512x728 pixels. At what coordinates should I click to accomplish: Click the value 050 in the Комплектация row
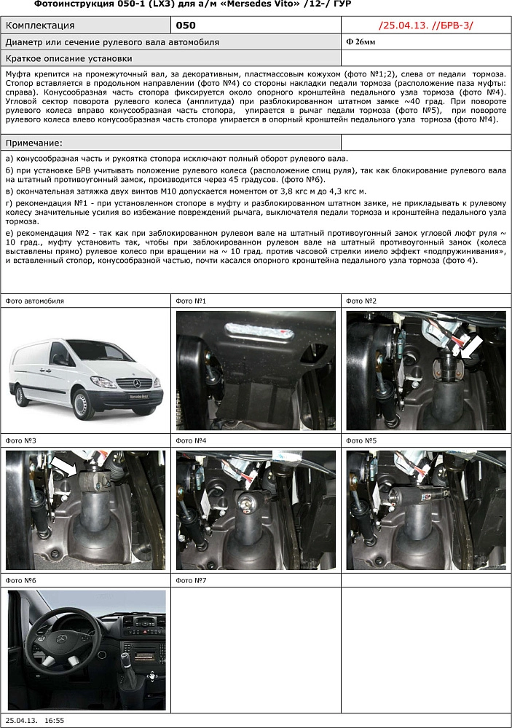[x=186, y=25]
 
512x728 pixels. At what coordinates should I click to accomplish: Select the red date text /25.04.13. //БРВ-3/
[x=426, y=25]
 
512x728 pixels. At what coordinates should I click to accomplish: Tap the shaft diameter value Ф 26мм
[x=361, y=42]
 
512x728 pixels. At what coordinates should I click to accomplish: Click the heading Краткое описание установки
[x=68, y=58]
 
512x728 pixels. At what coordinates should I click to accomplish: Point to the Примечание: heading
[x=34, y=143]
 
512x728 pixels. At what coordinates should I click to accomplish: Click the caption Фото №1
[x=191, y=301]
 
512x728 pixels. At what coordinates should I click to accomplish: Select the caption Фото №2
[x=361, y=301]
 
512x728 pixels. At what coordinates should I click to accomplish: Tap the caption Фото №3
[x=20, y=440]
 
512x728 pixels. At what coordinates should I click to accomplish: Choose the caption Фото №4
[x=191, y=440]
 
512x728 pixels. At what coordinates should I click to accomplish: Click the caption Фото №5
[x=361, y=440]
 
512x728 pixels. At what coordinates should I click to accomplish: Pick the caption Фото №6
[x=20, y=580]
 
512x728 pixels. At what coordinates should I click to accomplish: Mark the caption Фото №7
[x=191, y=580]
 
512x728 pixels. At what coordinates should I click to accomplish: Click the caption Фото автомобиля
[x=34, y=301]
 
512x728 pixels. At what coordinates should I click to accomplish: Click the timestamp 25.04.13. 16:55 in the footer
[x=34, y=720]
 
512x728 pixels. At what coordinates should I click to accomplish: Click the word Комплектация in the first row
[x=40, y=25]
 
